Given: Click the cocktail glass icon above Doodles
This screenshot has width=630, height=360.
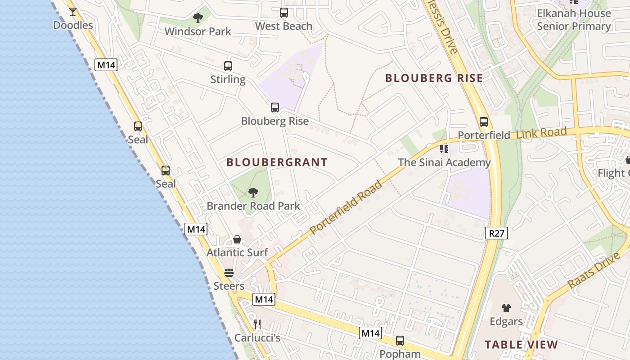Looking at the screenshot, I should pos(73,11).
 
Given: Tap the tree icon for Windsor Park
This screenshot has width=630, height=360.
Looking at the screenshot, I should pos(198,18).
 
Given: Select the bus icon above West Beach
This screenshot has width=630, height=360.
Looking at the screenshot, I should pos(284,13).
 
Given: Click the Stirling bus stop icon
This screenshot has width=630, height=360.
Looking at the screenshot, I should pos(228,66).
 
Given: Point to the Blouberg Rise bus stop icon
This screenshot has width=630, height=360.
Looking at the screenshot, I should pos(275,108).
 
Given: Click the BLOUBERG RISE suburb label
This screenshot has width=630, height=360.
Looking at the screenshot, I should pos(434,78).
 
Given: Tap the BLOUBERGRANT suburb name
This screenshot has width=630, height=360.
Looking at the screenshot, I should pos(277,162).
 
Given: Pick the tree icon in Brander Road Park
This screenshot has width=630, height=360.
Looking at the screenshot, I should pos(253,193).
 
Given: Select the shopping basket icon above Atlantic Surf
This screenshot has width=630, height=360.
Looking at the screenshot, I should pos(237,239).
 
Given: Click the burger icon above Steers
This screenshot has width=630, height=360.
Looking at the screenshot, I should pos(229,273).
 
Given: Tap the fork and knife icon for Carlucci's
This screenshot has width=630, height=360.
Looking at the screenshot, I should pos(257,324).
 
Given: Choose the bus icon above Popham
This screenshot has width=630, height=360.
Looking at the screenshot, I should pos(400,341).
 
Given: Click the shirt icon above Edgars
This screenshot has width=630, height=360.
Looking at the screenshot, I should pos(506,308).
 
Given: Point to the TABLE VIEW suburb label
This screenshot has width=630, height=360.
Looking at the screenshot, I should pos(521,345).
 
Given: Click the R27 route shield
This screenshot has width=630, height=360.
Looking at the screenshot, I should pos(497,233).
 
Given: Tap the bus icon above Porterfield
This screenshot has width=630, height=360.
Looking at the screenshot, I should pos(484,122).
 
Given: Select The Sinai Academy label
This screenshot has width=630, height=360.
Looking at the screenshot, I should pos(444,162).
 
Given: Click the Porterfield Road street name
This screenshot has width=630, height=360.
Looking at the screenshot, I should pos(346,207).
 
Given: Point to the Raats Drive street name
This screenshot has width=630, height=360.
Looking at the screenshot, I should pos(594,270).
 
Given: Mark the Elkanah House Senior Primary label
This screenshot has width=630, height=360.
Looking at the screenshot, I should pos(574,20).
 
